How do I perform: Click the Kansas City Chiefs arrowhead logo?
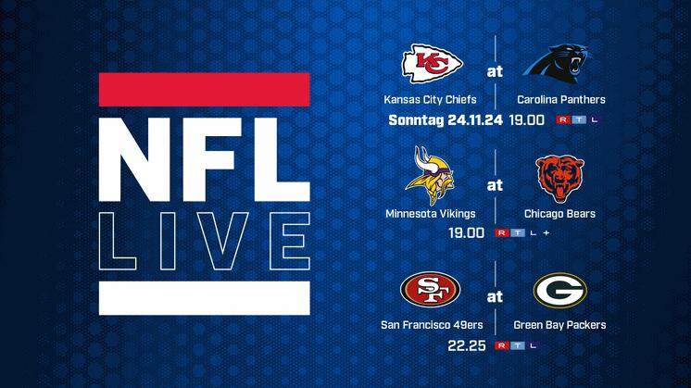(x=432, y=64)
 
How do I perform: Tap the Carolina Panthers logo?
(x=558, y=63)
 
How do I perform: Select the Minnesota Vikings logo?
(x=429, y=176)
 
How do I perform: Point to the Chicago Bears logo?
(x=559, y=179)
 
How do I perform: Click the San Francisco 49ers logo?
(x=430, y=289)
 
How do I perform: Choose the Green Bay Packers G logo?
(x=560, y=290)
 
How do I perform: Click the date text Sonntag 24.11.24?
(x=446, y=120)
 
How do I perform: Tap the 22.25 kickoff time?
(x=466, y=345)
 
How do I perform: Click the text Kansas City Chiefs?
(x=430, y=99)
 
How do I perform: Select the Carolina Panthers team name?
(x=561, y=99)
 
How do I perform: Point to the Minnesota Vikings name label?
(x=430, y=214)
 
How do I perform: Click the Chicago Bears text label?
(x=559, y=214)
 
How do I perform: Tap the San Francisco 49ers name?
(x=432, y=325)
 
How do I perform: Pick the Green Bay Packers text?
(x=559, y=325)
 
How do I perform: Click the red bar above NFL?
(x=205, y=90)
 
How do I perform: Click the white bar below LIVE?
(x=205, y=298)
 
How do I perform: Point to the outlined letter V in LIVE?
(x=222, y=242)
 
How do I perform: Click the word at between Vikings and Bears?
(x=495, y=185)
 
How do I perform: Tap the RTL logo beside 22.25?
(x=517, y=345)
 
